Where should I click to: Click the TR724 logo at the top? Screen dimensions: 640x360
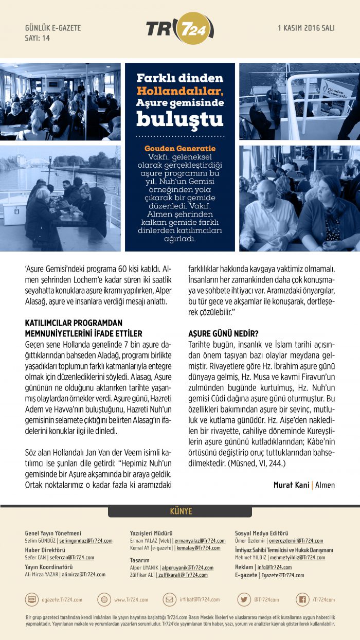177,28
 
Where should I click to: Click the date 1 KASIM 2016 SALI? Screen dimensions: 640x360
306,28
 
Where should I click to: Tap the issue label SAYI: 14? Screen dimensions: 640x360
38,38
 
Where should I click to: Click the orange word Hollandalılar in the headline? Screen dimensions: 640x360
179,91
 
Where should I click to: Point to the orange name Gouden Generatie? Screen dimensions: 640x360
179,148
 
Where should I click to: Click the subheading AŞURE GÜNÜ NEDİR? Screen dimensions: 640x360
223,333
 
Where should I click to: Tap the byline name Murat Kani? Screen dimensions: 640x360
292,485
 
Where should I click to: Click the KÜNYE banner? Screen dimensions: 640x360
180,511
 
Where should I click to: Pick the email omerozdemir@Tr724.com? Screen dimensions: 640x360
297,541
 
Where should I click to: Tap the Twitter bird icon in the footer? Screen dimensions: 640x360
244,599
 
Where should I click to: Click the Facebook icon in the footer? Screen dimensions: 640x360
303,599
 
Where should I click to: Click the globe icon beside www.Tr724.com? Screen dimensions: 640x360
104,599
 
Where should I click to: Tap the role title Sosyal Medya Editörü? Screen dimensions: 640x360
261,533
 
